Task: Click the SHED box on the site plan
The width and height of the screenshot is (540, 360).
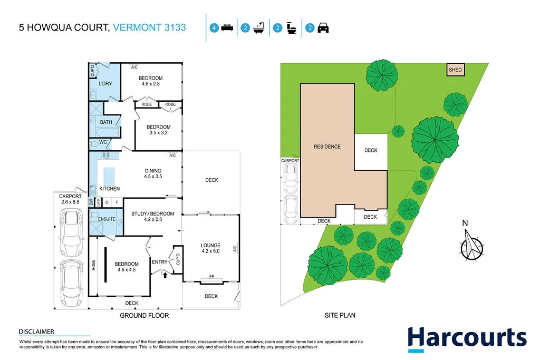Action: (455, 70)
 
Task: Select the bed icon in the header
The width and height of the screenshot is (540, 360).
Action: (227, 28)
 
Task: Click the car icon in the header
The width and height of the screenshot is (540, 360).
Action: (323, 28)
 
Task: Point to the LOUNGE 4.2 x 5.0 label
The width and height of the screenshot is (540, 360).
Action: (210, 248)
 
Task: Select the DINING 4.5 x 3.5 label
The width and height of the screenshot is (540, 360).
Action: (152, 174)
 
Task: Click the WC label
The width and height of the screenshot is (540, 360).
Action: (103, 142)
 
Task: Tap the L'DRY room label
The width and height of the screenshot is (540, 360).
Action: (107, 83)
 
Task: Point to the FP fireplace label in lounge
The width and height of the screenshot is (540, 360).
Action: (211, 277)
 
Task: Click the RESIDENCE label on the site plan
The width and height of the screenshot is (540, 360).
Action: (327, 147)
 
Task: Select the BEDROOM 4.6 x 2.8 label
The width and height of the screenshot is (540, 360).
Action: (150, 81)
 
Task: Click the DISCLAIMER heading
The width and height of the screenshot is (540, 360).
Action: (36, 332)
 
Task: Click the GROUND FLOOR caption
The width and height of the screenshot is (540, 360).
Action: (144, 316)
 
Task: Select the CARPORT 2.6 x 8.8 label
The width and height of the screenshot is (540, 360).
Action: (70, 199)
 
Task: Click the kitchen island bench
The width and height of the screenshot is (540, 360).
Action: (109, 175)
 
